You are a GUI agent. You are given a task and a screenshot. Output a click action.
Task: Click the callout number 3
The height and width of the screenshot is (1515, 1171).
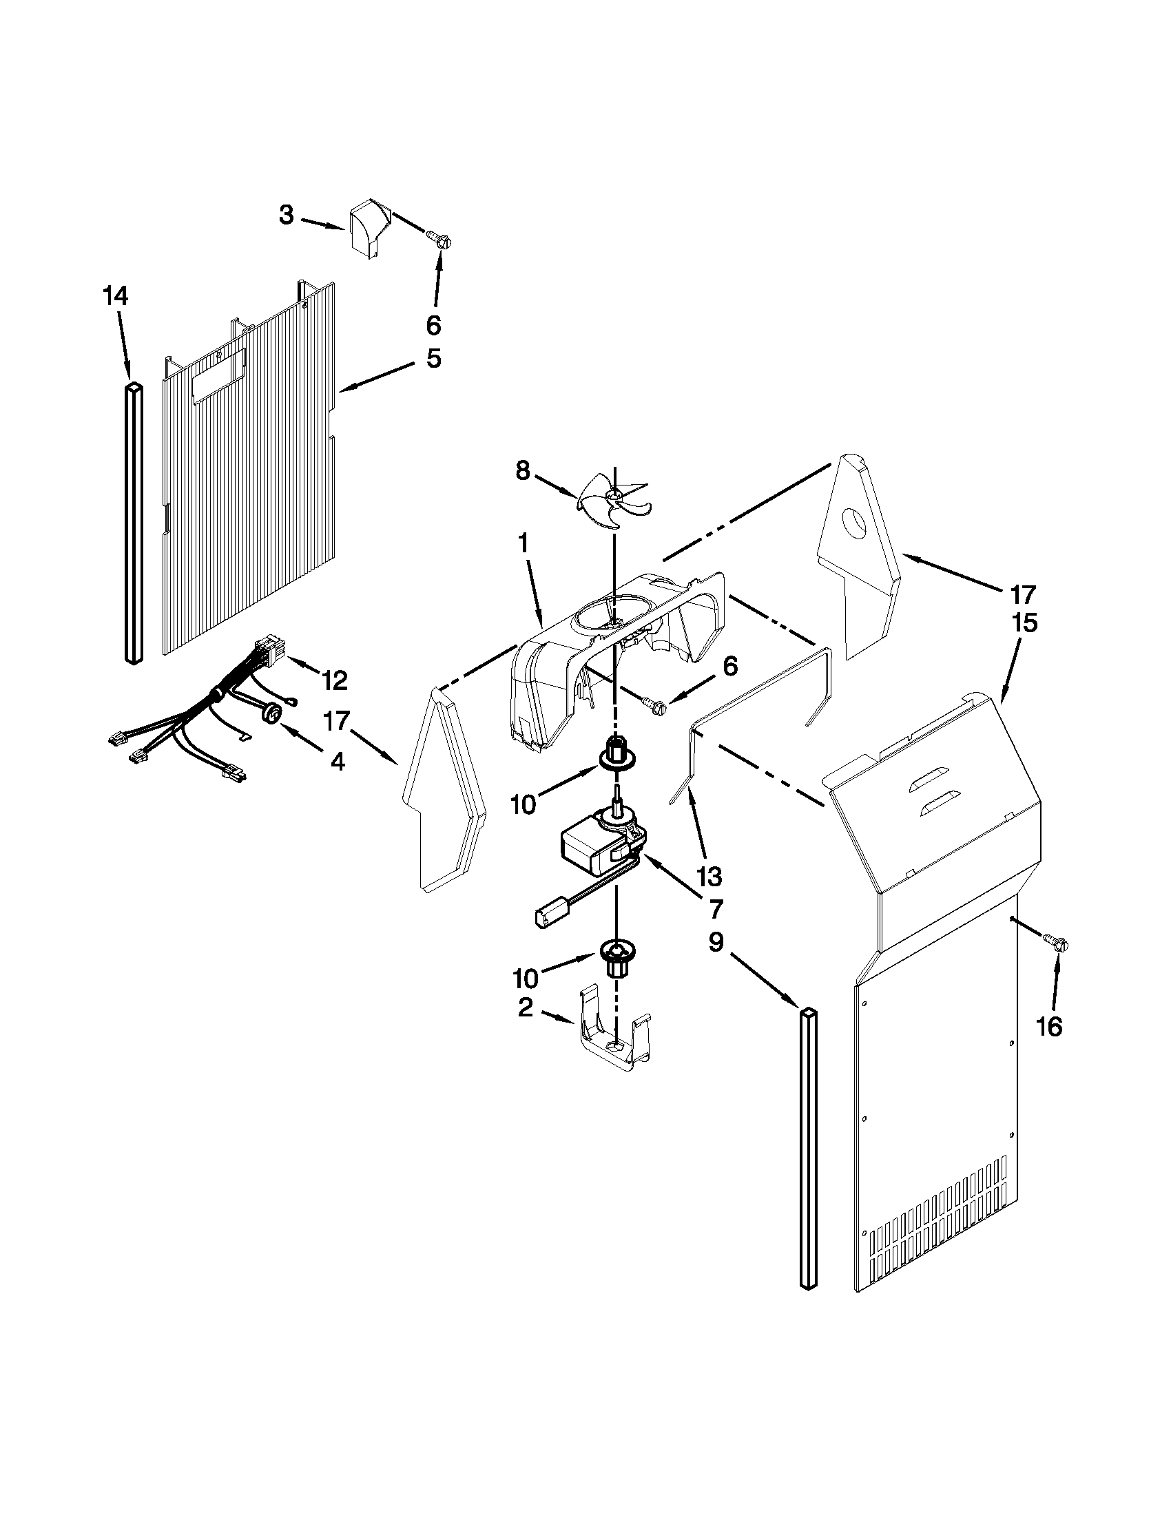point(287,216)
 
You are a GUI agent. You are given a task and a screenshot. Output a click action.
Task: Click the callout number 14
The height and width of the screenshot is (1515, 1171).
point(115,297)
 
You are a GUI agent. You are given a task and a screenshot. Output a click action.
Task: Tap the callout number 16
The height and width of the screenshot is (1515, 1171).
point(1050,1027)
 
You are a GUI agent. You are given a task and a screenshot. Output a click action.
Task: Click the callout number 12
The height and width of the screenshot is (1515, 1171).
point(334,681)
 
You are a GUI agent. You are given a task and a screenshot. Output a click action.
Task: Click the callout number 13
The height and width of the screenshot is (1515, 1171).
point(709,877)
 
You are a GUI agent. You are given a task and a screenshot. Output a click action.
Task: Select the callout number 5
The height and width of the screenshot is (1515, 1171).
point(433,359)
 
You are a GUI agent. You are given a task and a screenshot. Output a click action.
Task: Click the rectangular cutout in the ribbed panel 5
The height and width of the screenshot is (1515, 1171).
point(218,375)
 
